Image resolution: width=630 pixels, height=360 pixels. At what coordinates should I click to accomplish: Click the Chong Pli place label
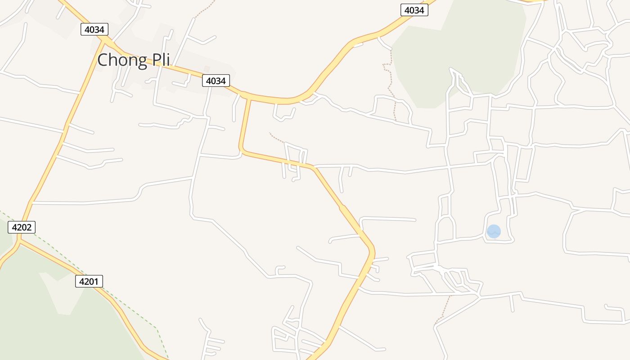tap(134, 60)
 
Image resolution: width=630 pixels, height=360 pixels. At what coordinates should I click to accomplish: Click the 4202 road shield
tap(22, 227)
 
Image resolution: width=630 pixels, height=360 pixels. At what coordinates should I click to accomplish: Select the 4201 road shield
tap(89, 281)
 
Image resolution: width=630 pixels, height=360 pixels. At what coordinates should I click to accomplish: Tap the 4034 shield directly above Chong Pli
tap(94, 30)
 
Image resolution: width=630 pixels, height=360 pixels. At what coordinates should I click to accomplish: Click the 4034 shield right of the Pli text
tap(216, 81)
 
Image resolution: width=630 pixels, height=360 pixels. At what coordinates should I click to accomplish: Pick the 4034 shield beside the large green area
tap(414, 10)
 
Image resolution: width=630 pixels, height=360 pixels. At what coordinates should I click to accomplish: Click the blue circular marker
tap(494, 231)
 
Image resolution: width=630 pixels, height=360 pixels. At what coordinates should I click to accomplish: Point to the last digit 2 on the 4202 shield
tap(30, 227)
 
